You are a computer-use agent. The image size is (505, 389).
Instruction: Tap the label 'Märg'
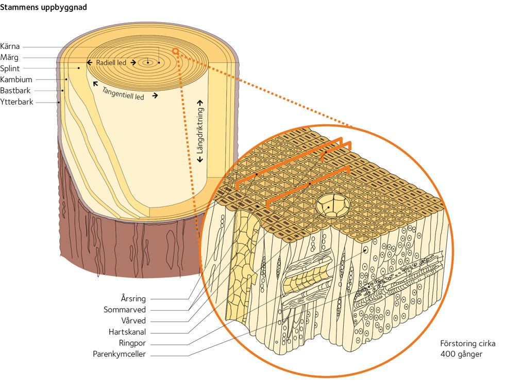9,57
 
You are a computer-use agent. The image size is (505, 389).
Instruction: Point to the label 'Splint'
10,68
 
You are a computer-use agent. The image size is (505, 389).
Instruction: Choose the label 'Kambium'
16,79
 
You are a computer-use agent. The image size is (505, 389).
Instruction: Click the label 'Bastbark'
15,91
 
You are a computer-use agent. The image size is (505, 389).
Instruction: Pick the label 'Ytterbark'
16,102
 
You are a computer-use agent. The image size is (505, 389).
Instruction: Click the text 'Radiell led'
111,62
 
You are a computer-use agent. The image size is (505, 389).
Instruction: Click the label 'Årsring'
133,298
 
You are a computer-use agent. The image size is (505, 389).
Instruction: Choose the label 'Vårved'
133,320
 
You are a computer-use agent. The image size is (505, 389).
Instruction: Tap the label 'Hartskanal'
127,332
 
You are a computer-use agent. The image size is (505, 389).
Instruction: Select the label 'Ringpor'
132,343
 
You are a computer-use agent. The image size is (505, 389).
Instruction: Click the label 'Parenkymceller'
119,354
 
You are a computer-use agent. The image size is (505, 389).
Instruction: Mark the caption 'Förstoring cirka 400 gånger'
467,349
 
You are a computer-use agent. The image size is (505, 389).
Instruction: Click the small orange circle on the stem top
175,51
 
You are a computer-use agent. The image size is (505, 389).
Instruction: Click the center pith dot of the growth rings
148,62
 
